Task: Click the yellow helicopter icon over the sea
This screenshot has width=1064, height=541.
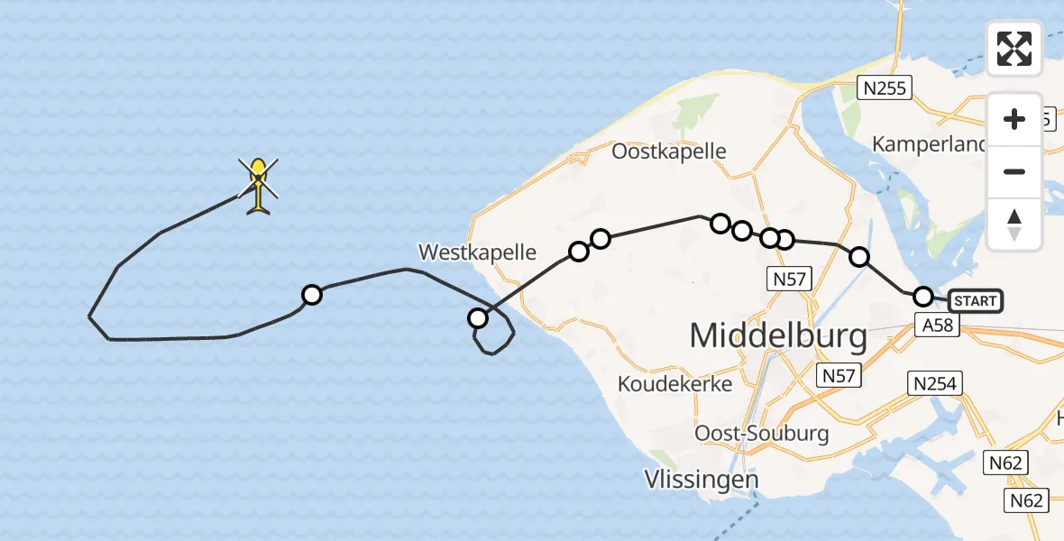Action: (259, 185)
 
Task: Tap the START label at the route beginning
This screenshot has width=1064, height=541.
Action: (976, 300)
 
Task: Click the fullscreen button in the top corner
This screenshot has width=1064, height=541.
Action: (1014, 49)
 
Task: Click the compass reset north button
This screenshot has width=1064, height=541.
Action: (1014, 225)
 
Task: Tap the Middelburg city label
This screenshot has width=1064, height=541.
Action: (778, 336)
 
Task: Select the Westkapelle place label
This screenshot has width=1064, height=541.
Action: (478, 252)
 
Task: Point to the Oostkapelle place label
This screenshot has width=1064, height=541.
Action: (668, 151)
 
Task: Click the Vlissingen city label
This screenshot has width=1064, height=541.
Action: (702, 479)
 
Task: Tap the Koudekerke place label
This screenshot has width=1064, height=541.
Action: (674, 383)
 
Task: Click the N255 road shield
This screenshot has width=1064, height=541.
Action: (885, 87)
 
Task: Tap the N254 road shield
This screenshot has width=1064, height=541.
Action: (934, 384)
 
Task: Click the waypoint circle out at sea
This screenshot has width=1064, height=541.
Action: (311, 295)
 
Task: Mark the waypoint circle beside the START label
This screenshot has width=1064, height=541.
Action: (922, 296)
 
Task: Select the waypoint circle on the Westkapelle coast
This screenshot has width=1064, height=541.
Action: (478, 317)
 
